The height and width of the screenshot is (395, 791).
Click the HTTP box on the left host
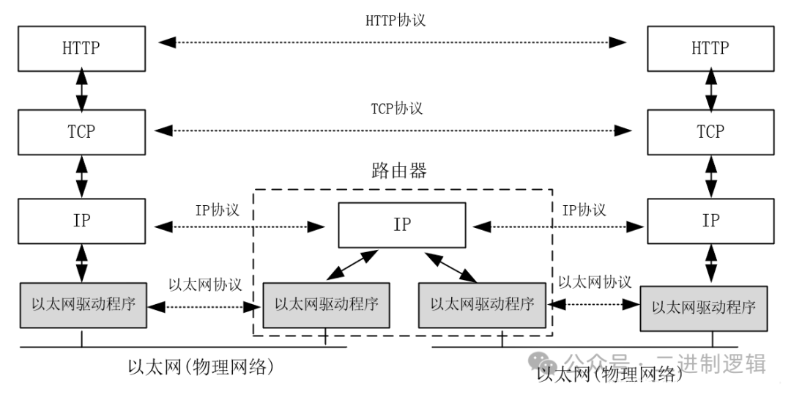click(82, 48)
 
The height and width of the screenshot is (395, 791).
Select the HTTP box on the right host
click(710, 48)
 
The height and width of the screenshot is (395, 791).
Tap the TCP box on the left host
click(82, 133)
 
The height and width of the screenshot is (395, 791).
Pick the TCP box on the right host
click(710, 133)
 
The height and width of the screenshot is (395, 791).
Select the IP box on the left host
click(82, 221)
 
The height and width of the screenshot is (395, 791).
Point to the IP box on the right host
click(710, 221)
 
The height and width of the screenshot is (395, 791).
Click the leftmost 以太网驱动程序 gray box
click(82, 305)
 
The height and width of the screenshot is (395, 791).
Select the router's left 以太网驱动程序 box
click(327, 304)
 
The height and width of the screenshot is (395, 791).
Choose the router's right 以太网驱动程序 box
click(482, 304)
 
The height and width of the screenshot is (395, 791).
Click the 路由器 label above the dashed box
click(399, 171)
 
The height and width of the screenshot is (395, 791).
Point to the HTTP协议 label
click(395, 20)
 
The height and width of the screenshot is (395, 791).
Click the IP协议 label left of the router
click(217, 210)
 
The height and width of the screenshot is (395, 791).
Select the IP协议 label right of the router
click(584, 210)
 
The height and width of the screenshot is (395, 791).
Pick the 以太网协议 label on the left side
click(205, 284)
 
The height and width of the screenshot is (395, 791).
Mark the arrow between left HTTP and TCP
click(82, 91)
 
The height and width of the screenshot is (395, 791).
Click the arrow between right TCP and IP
click(710, 177)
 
